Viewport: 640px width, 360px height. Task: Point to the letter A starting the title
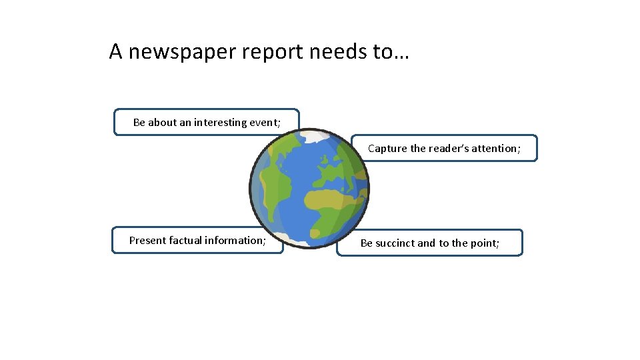click(116, 51)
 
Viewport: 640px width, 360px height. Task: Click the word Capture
click(387, 149)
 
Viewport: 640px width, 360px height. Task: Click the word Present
click(147, 241)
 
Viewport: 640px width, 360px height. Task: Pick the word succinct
click(395, 243)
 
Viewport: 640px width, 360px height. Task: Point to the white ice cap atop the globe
click(313, 137)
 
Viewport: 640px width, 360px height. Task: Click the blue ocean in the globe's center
click(303, 173)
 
